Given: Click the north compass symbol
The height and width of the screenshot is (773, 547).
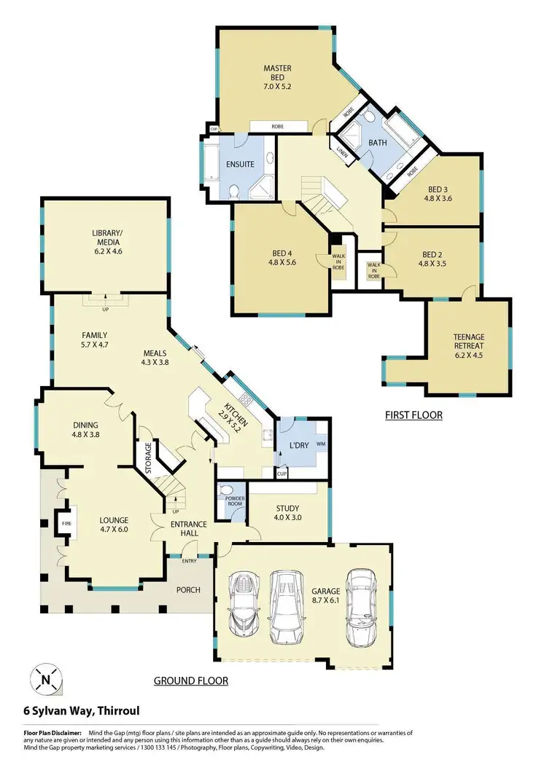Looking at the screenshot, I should (46, 679).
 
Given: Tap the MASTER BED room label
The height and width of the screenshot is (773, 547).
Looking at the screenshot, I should (277, 75).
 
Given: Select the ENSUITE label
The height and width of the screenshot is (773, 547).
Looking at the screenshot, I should (239, 164).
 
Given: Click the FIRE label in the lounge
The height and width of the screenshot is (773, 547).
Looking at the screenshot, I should (65, 523).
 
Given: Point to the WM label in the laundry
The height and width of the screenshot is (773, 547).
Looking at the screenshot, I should (321, 444).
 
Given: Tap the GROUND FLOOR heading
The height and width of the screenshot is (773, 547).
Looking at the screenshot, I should (190, 681).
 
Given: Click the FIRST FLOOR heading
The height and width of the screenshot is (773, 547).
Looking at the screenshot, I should (414, 415).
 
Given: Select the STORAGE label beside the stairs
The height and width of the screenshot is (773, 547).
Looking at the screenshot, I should (148, 458).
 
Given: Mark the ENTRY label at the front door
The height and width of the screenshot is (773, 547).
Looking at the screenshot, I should (190, 560).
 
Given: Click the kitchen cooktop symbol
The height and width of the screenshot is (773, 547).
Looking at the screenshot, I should (245, 399).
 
